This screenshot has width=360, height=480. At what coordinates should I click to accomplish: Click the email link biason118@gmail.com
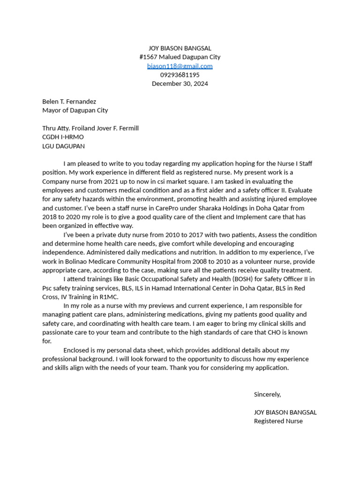pyautogui.click(x=180, y=66)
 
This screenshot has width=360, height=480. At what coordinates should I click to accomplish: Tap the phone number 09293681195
pyautogui.click(x=180, y=75)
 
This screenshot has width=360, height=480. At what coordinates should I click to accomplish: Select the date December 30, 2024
pyautogui.click(x=180, y=84)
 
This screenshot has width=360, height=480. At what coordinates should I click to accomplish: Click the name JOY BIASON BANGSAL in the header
pyautogui.click(x=180, y=48)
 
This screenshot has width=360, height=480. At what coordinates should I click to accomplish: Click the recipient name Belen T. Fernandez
pyautogui.click(x=69, y=102)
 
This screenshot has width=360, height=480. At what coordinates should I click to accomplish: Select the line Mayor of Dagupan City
pyautogui.click(x=75, y=111)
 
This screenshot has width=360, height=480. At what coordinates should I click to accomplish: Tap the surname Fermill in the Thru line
pyautogui.click(x=127, y=128)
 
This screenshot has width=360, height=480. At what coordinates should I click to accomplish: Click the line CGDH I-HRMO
pyautogui.click(x=63, y=137)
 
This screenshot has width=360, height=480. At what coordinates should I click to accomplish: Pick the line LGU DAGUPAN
pyautogui.click(x=63, y=146)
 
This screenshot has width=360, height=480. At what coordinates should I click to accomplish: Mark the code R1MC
pyautogui.click(x=109, y=297)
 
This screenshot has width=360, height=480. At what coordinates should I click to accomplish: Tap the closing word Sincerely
pyautogui.click(x=267, y=395)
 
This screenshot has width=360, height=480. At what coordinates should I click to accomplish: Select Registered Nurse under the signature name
pyautogui.click(x=278, y=421)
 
